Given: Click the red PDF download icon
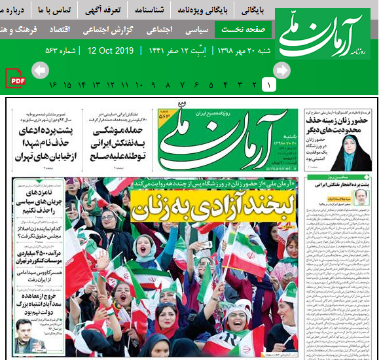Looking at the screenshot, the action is click(x=16, y=79).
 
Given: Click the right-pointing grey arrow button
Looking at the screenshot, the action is click(x=281, y=70).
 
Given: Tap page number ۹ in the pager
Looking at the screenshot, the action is click(x=153, y=85).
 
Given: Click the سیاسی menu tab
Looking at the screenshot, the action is click(x=197, y=30).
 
